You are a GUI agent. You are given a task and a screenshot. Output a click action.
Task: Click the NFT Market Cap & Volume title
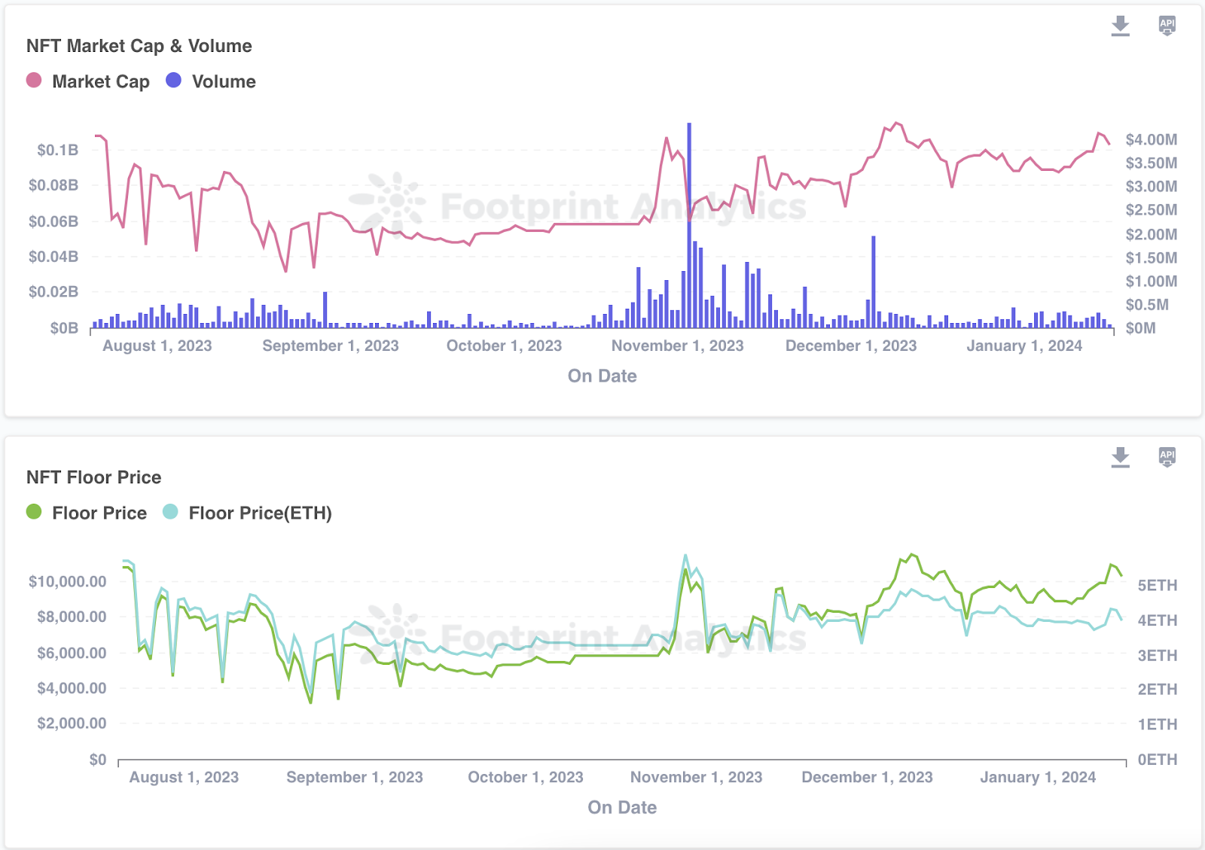point(139,46)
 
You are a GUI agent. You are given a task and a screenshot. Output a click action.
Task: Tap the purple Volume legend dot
point(174,81)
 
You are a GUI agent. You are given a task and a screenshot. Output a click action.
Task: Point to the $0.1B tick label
point(58,150)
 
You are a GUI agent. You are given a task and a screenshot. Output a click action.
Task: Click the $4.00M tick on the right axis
point(1151,139)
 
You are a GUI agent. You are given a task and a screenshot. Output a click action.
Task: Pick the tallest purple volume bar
point(689,226)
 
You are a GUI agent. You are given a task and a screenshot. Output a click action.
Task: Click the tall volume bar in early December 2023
point(874,282)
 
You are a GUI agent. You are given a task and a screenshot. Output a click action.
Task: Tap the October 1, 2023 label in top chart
point(504,346)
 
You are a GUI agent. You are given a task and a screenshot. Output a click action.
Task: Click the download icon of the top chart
point(1121,26)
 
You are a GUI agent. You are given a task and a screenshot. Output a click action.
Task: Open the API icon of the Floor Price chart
point(1167,456)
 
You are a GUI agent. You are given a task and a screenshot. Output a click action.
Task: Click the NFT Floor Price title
point(94,477)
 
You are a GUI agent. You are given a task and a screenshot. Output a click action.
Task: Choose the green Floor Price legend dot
point(34,512)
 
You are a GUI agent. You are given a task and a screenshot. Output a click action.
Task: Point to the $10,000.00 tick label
point(67,581)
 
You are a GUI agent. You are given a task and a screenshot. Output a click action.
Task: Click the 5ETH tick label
point(1157,586)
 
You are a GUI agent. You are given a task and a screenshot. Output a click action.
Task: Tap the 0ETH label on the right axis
point(1157,760)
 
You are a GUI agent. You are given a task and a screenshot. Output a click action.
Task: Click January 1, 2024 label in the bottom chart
point(1037,777)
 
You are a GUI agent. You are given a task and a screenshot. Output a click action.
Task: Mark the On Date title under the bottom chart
point(622,807)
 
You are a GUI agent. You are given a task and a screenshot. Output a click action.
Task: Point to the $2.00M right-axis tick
point(1151,234)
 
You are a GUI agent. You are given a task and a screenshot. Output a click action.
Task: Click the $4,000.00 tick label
point(72,688)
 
